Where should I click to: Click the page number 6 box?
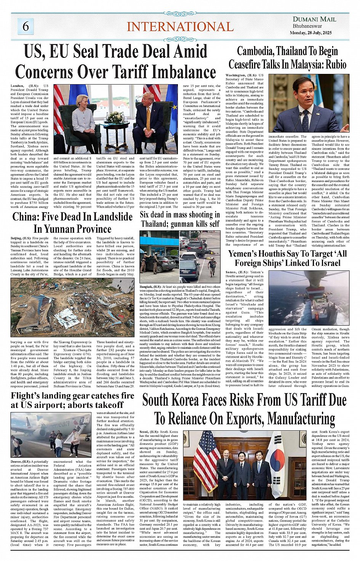pos(26,26)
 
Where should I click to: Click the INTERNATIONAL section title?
pos(180,27)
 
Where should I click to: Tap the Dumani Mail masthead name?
pos(314,19)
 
